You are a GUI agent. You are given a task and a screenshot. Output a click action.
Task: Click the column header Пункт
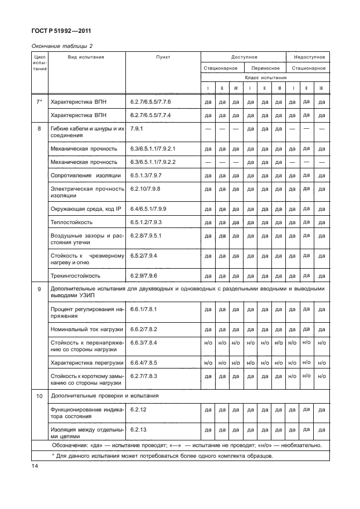click(x=163, y=57)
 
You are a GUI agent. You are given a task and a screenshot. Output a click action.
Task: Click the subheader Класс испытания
click(x=264, y=77)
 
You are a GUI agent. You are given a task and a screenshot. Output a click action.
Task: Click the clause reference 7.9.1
click(x=137, y=128)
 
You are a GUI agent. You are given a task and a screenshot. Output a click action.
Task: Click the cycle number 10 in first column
click(x=39, y=396)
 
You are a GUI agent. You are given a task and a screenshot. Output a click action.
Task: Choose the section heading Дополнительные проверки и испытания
click(x=104, y=396)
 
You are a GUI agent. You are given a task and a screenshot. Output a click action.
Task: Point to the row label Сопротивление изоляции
click(x=85, y=175)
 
